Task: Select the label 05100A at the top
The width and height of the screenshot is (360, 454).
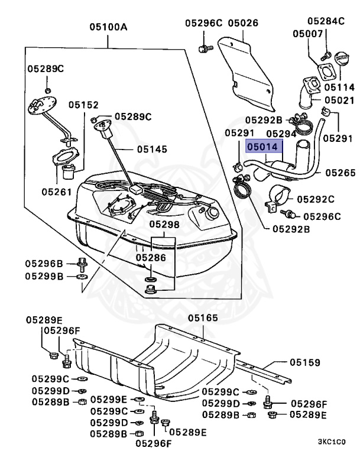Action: [109, 27]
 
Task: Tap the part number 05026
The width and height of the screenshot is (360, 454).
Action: [244, 23]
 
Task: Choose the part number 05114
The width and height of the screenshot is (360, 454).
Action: [339, 87]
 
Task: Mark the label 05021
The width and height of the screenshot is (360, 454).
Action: [339, 100]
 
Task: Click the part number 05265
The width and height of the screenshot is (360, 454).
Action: [340, 173]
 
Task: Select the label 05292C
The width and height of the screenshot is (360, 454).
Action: [315, 199]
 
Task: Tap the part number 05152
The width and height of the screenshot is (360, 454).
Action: [83, 105]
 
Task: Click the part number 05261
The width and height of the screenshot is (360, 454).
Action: [57, 192]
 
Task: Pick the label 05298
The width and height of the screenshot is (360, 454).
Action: [164, 225]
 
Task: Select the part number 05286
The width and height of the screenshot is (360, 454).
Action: [151, 258]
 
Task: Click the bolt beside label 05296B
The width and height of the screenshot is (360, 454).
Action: [81, 263]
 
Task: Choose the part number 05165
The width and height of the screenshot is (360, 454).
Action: [203, 318]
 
